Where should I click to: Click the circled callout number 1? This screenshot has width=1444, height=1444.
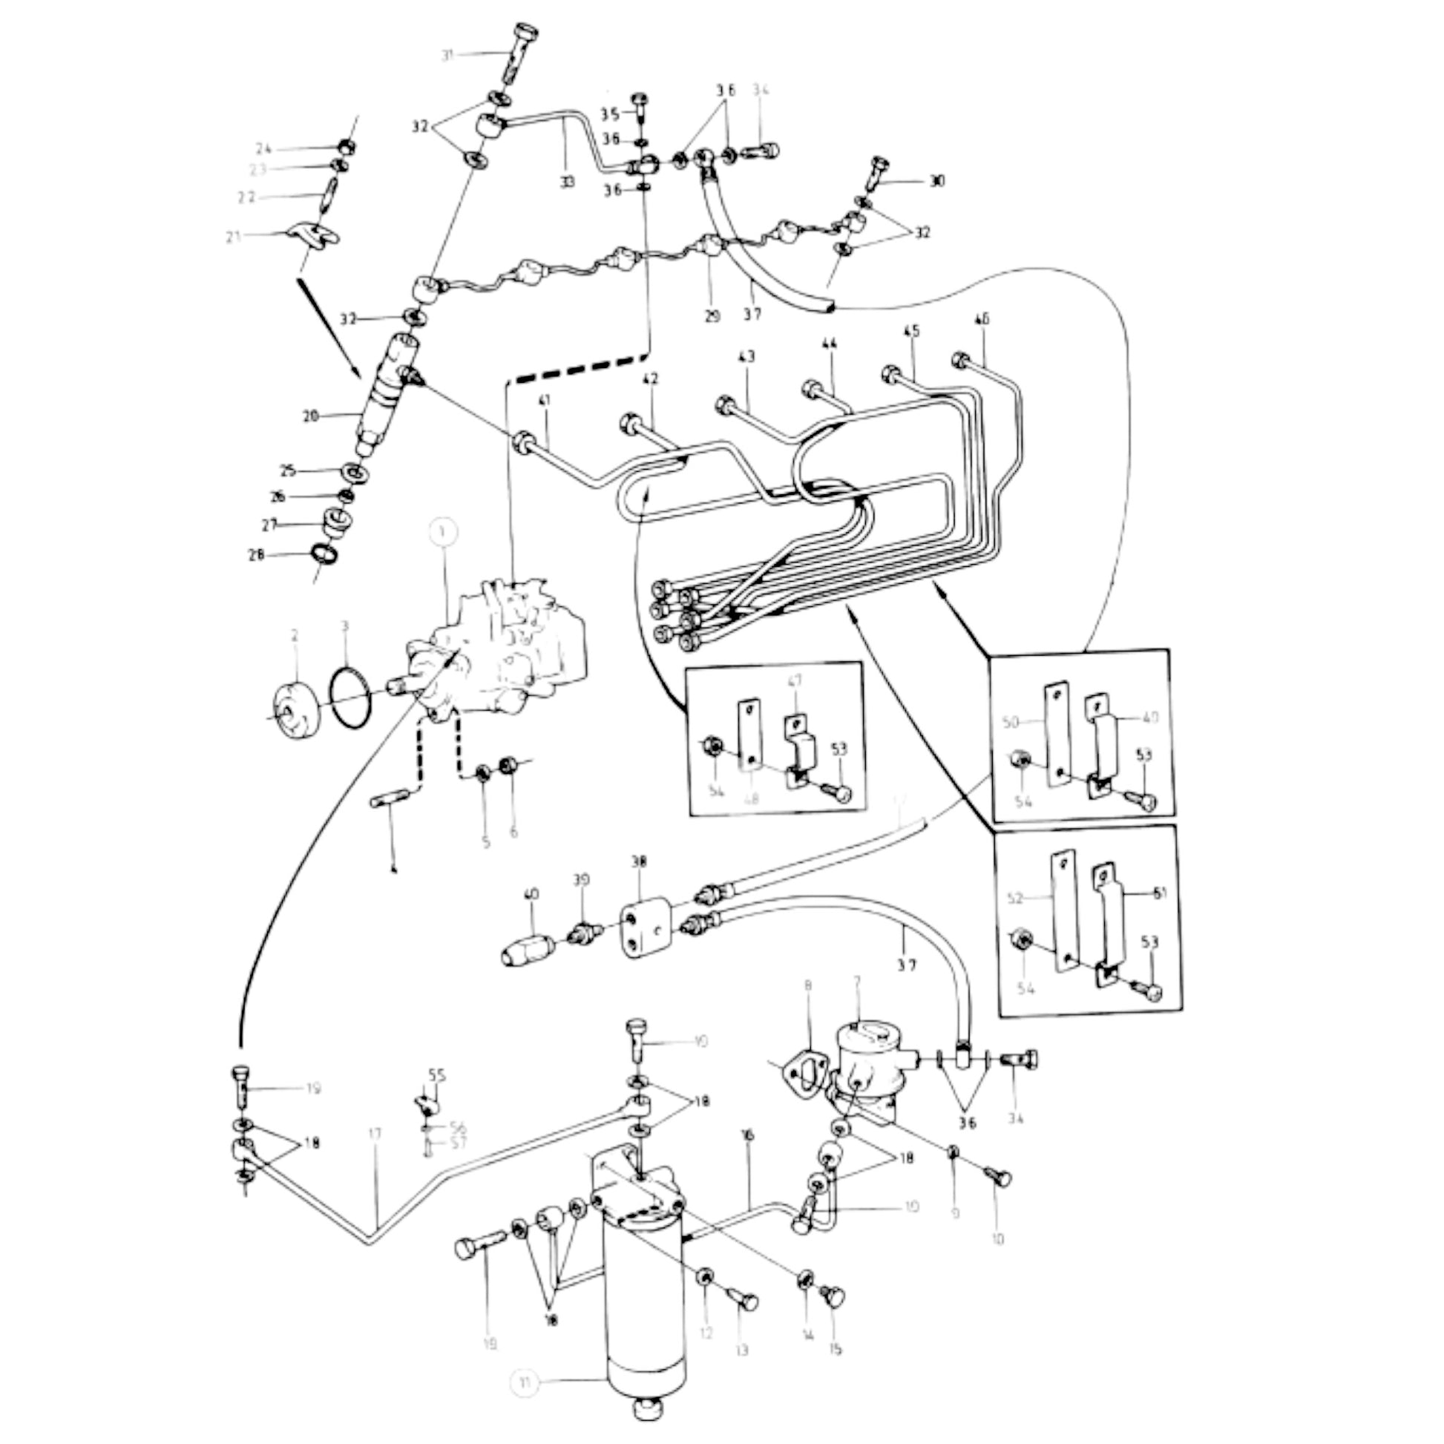coord(444,532)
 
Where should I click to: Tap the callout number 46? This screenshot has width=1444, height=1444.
coord(982,319)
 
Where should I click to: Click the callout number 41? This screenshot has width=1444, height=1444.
coord(544,402)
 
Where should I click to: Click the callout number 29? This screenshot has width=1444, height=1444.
coord(712,316)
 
